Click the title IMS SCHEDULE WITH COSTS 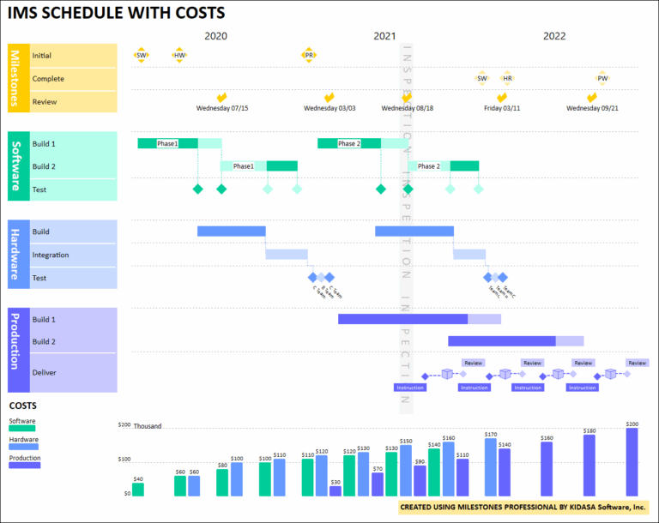[117, 13]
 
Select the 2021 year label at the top [385, 36]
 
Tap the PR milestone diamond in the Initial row [309, 55]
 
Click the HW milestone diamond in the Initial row [178, 55]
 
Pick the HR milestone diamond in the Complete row [507, 78]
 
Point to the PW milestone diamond [602, 78]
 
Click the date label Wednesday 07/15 [222, 109]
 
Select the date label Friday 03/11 [502, 109]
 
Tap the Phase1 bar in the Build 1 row [167, 143]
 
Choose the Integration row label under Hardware [51, 255]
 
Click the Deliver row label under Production [44, 373]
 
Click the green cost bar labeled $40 [138, 490]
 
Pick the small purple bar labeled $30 [335, 491]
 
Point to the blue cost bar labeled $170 [491, 468]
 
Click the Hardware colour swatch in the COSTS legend [24, 447]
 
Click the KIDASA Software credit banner [523, 508]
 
